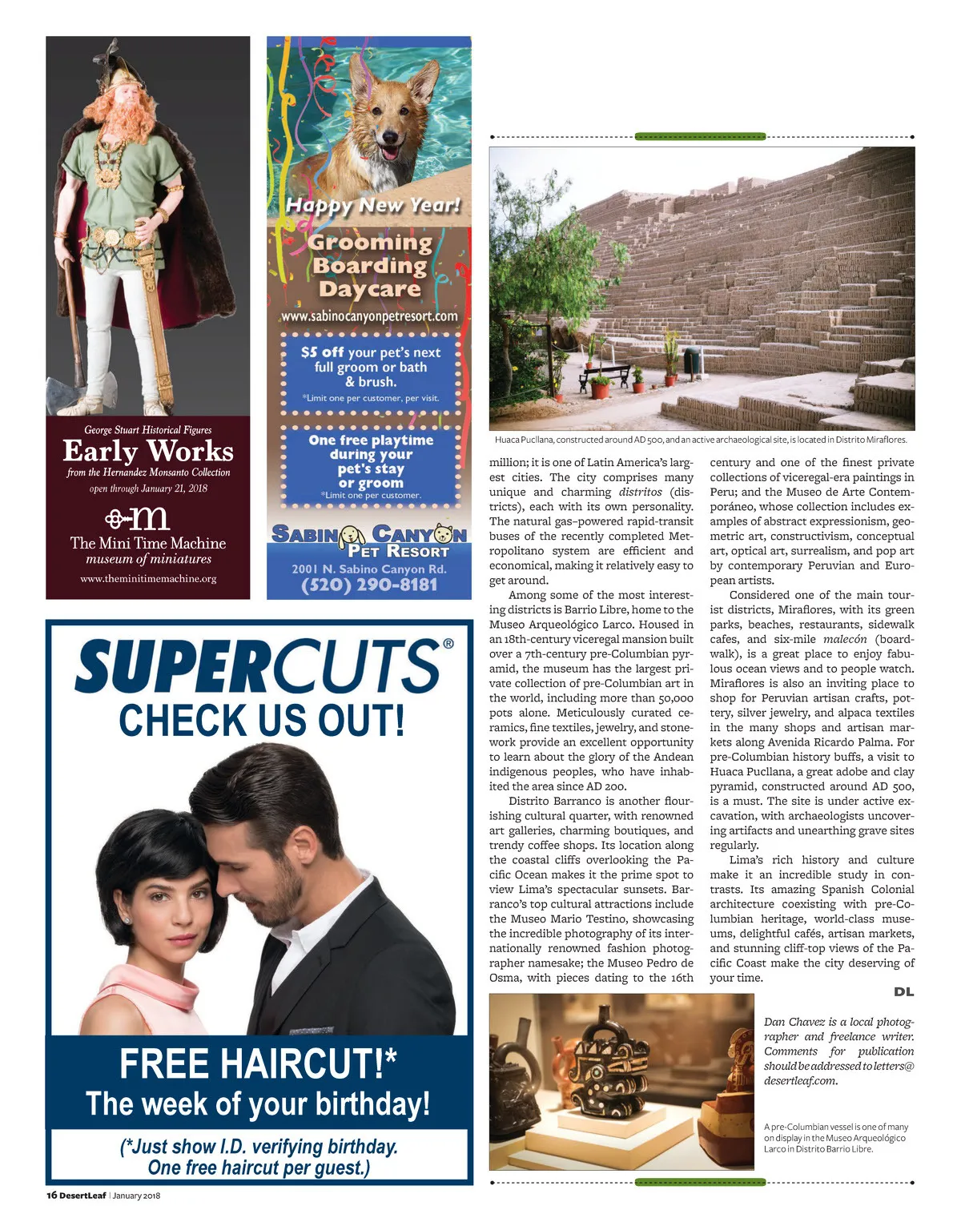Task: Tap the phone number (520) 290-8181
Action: coord(369,585)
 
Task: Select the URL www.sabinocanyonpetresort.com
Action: coord(369,316)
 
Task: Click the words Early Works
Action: coord(148,452)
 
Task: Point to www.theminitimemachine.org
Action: coord(148,578)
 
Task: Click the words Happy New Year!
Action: coord(373,206)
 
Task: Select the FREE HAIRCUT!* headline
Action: coord(258,1064)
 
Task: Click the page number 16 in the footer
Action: coord(51,1196)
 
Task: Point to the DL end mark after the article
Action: coord(903,992)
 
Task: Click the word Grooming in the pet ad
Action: coord(370,243)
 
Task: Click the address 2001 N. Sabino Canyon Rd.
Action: coord(369,569)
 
